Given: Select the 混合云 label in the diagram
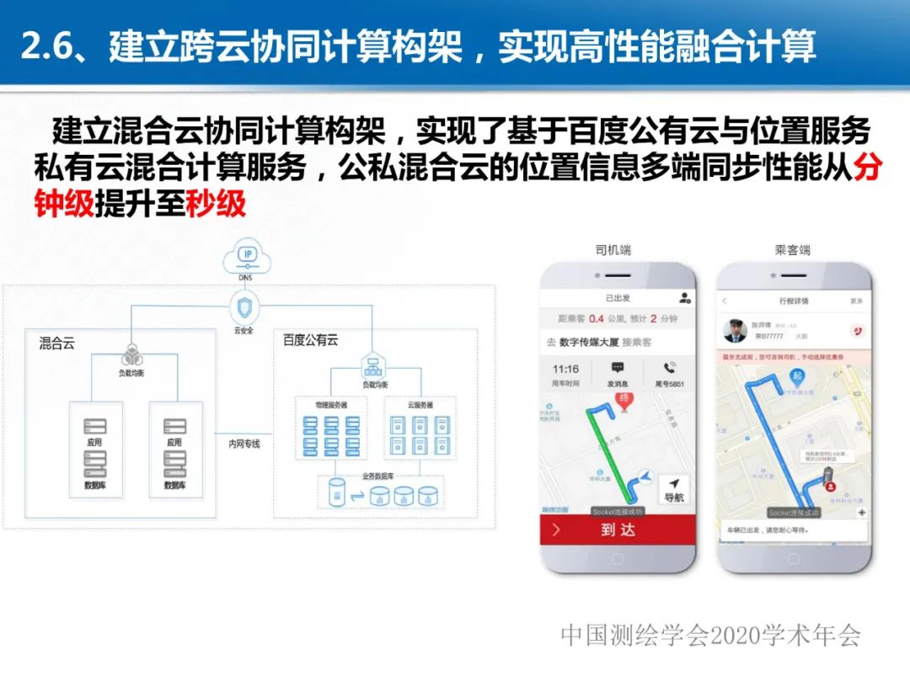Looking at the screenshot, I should tap(56, 343).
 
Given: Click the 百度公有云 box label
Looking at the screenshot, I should tap(311, 340).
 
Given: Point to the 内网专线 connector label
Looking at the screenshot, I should tap(244, 444).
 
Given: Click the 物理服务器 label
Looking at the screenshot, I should tap(331, 405).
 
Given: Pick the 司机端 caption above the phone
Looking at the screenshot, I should tap(613, 250).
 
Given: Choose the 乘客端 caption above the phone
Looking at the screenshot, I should tap(793, 250).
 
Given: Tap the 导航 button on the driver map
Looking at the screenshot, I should tap(674, 490).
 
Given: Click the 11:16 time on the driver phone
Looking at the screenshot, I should tap(565, 369).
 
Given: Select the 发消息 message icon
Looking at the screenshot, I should tap(618, 372).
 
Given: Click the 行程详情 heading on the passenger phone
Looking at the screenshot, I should tap(793, 301).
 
